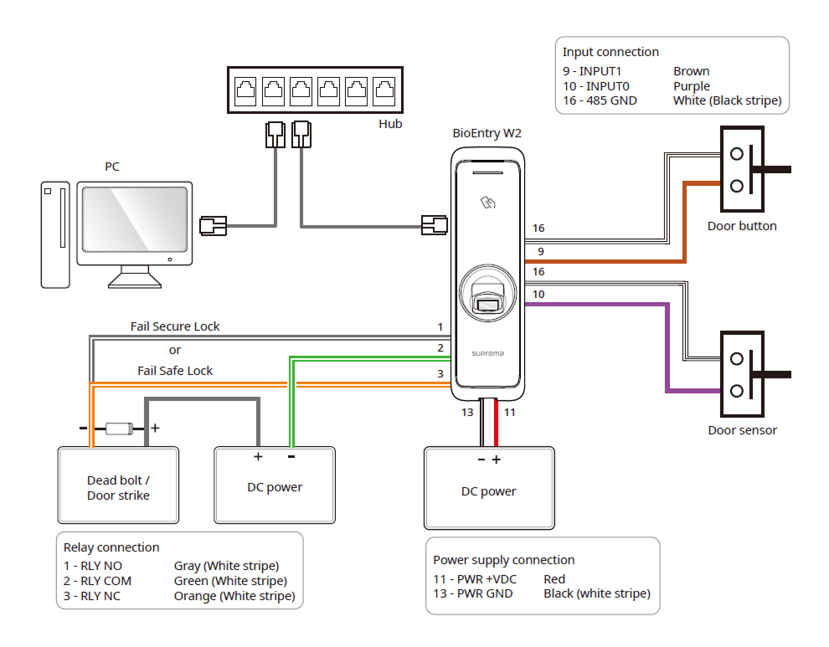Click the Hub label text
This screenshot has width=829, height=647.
(390, 124)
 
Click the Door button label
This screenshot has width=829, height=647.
(742, 226)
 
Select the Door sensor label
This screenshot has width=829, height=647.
(742, 430)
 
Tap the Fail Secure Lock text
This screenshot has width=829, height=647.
(175, 326)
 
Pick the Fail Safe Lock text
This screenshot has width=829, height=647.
(175, 371)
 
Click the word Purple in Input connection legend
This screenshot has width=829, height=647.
(691, 86)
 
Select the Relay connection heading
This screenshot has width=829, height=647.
(111, 547)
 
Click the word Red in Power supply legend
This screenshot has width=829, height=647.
(554, 578)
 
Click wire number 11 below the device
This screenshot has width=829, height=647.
(509, 412)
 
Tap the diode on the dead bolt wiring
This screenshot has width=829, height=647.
(119, 429)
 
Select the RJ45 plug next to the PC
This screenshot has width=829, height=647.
(213, 224)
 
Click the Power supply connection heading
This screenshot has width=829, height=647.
(503, 560)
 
